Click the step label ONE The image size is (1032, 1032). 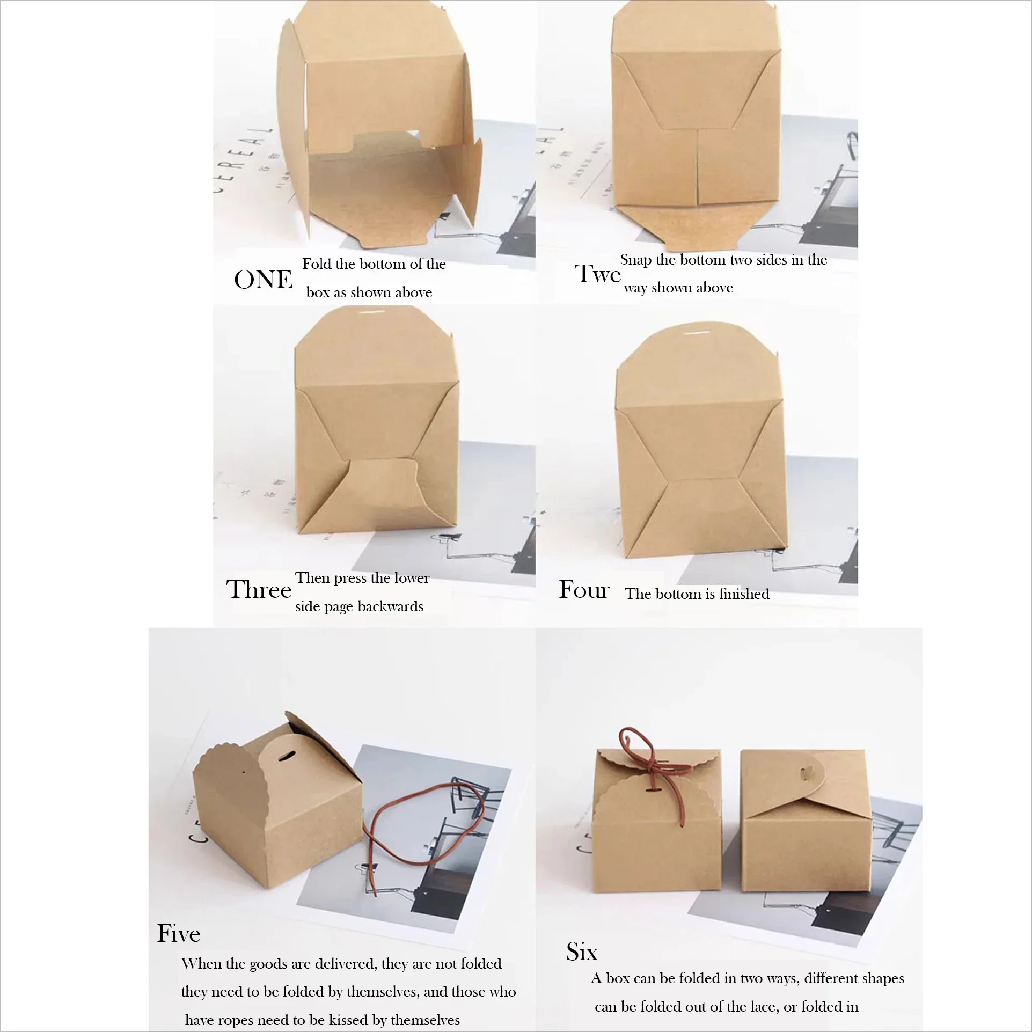coord(263,280)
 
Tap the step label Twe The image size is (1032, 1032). coord(597,274)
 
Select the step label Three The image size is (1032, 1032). coord(258,590)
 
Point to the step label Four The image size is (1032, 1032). coord(584,590)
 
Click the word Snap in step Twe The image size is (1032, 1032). coord(636,260)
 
